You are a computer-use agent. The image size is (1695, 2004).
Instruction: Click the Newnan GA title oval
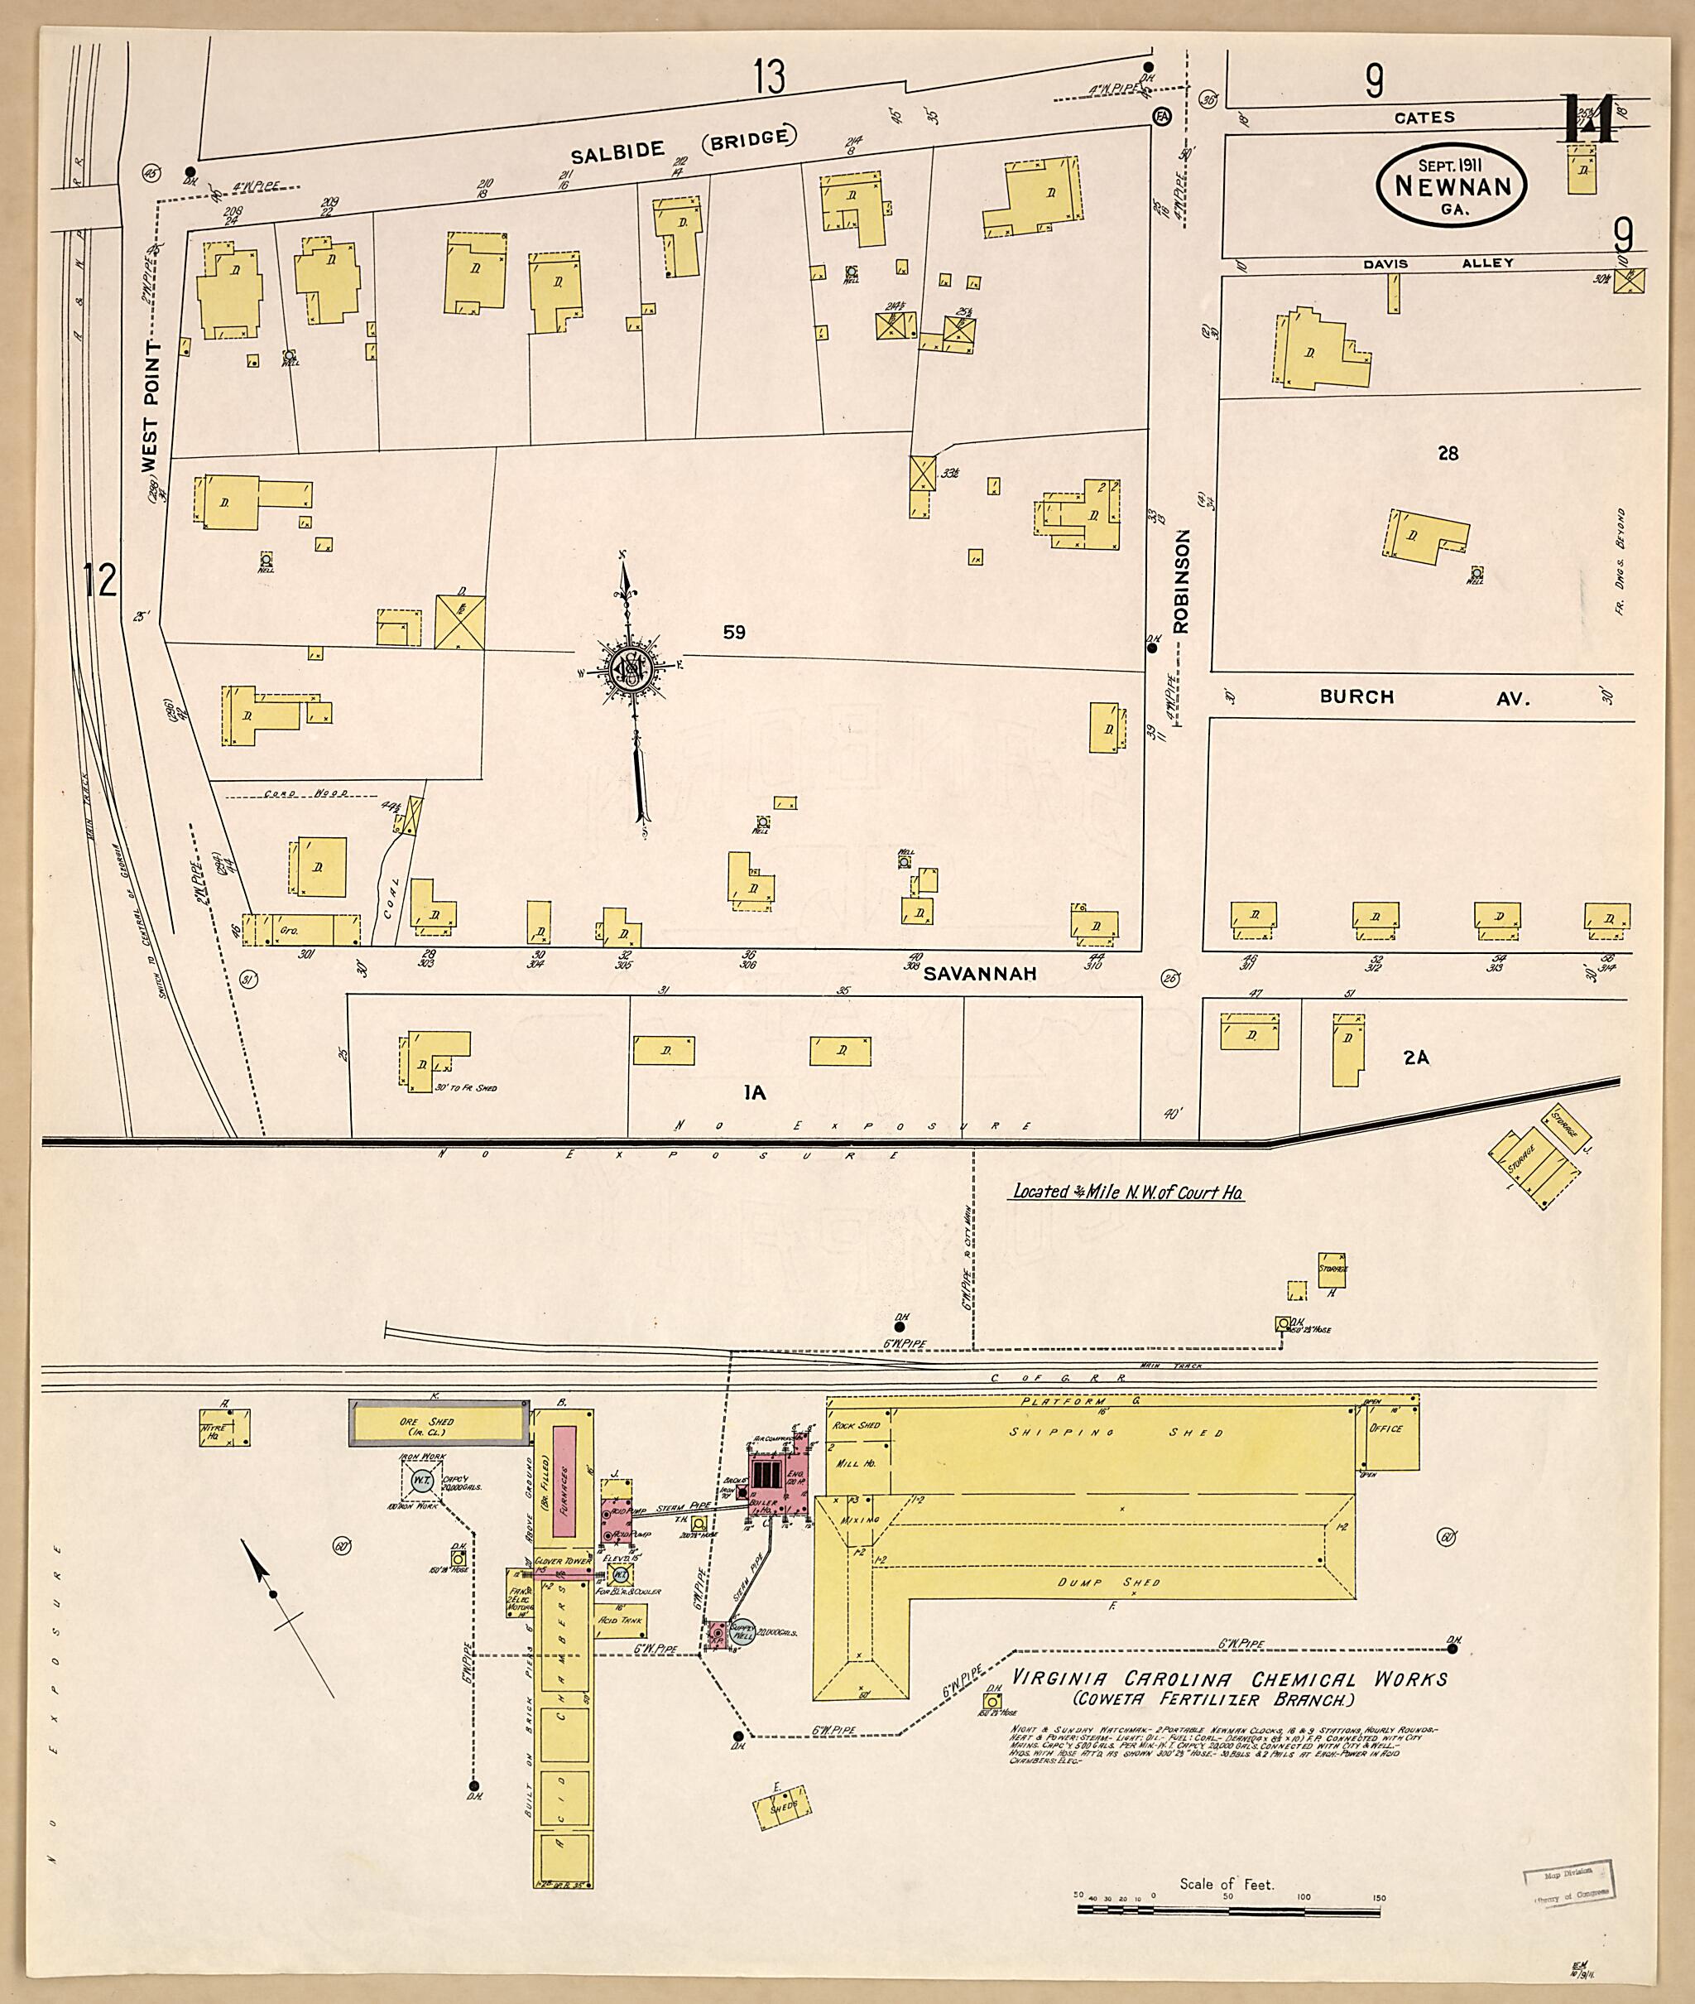[1451, 186]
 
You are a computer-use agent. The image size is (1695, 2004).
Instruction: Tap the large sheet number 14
[1588, 118]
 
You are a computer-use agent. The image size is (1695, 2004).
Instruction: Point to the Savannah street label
[980, 974]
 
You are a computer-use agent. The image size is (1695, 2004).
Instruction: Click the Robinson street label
[1181, 580]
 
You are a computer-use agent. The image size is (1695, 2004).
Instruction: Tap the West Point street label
[151, 405]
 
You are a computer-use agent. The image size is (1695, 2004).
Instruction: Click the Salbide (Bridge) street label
[684, 145]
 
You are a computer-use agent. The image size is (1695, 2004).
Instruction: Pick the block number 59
[734, 633]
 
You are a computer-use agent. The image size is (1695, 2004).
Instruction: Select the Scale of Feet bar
[1228, 1907]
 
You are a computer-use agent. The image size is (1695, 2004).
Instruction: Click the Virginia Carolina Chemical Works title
[1229, 1679]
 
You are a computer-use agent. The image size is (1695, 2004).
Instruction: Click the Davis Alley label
[1436, 263]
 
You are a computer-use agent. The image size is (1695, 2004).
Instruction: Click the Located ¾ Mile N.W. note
[1129, 1192]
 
